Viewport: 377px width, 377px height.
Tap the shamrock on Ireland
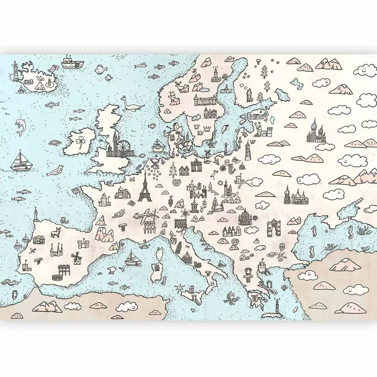80,141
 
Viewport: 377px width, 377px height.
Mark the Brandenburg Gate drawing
196,166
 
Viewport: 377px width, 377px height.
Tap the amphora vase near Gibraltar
15,294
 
